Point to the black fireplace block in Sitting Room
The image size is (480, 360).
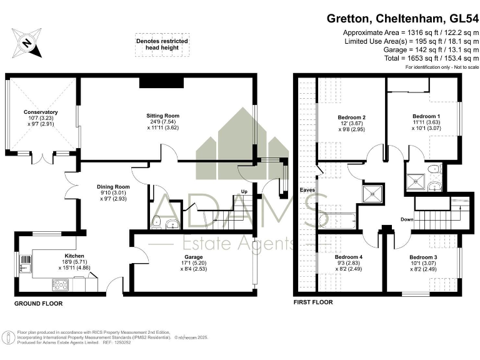pyautogui.click(x=161, y=82)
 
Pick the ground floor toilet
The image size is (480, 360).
pyautogui.click(x=157, y=221)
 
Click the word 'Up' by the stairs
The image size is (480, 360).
pyautogui.click(x=245, y=192)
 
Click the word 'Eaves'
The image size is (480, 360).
pyautogui.click(x=306, y=189)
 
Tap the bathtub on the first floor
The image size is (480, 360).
pyautogui.click(x=337, y=220)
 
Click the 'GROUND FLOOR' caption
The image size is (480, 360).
pyautogui.click(x=38, y=303)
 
